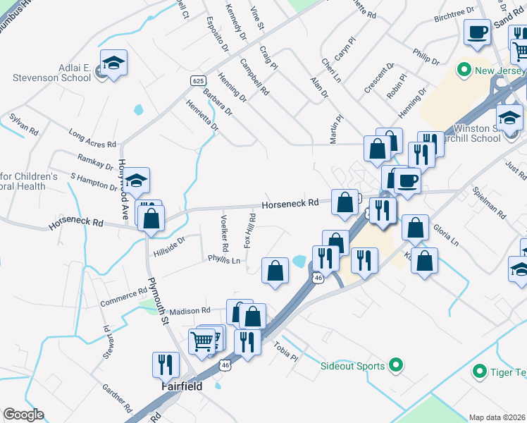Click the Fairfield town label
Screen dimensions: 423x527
182,386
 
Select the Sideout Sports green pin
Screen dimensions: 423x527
396,365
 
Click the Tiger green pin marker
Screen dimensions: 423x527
480,370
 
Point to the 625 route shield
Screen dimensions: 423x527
198,81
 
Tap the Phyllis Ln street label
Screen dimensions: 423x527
224,260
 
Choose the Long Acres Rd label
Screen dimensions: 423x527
92,138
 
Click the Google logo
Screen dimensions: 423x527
23,415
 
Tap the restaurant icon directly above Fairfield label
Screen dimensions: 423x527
166,364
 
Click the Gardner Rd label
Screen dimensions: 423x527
117,398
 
